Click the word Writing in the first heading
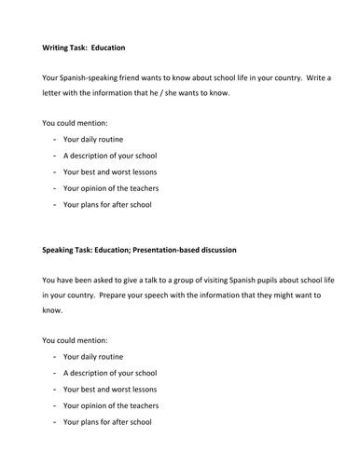pyautogui.click(x=58, y=47)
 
